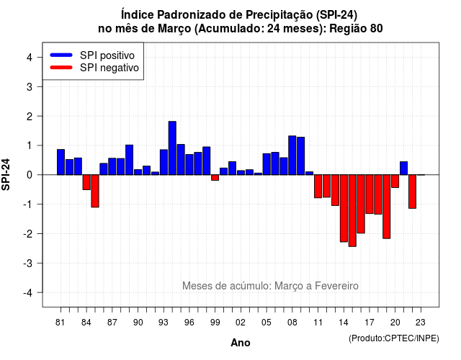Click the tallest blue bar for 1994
(x=172, y=148)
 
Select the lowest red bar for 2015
(x=352, y=210)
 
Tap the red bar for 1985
(x=95, y=191)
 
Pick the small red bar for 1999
(x=215, y=178)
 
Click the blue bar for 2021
(x=403, y=168)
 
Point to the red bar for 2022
(x=412, y=192)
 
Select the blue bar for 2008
(x=292, y=156)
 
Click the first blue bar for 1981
(x=61, y=162)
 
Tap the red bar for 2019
(x=387, y=207)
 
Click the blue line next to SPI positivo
(x=61, y=55)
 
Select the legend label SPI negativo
(x=109, y=68)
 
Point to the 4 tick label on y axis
(x=30, y=58)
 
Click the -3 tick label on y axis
(x=27, y=263)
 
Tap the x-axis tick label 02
(x=241, y=323)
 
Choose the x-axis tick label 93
(x=164, y=323)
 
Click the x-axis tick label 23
(x=421, y=323)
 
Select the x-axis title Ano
(x=241, y=343)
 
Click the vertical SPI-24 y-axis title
(x=6, y=174)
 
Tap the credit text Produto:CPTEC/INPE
(x=394, y=338)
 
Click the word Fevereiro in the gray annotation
(x=336, y=286)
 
